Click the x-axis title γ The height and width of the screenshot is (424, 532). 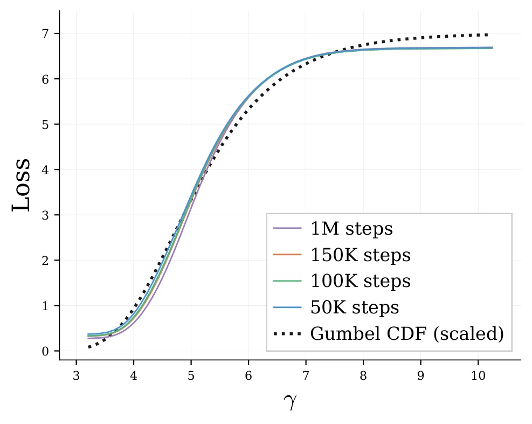click(x=290, y=401)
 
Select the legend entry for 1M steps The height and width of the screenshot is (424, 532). click(x=351, y=229)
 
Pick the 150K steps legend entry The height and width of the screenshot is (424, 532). click(x=360, y=255)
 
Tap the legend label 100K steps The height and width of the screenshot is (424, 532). click(x=360, y=281)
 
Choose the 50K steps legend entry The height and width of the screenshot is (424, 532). click(x=355, y=307)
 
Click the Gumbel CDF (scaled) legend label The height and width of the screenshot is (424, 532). click(x=407, y=334)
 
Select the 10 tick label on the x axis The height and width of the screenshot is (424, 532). click(x=478, y=375)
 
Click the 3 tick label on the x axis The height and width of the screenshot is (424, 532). click(x=77, y=375)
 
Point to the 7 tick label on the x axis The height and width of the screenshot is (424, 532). click(x=306, y=375)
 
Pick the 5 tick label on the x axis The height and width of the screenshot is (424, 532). click(x=191, y=375)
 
